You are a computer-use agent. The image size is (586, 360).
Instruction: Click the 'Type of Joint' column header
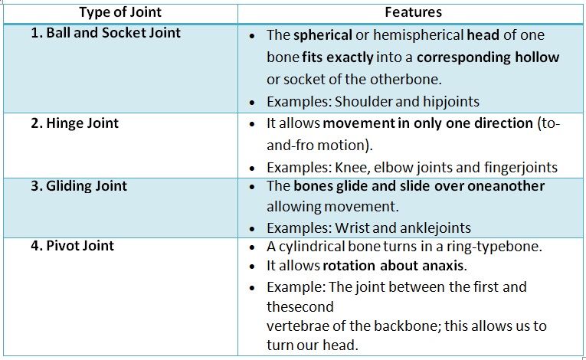120,13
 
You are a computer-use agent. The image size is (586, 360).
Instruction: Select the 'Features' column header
414,12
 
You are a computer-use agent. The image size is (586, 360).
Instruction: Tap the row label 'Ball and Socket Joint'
106,33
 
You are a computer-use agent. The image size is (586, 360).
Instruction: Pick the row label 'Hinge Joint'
75,123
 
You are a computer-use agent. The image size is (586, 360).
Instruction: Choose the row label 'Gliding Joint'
79,186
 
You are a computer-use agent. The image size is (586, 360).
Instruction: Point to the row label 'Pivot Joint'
73,246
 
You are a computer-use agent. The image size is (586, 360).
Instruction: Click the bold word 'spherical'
323,36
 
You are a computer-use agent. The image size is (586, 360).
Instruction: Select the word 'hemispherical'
418,36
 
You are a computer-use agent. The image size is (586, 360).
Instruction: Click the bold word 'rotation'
349,266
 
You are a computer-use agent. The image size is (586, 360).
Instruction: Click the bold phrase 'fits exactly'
338,58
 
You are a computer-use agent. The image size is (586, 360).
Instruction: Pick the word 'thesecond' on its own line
300,307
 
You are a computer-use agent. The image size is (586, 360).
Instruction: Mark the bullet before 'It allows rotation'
252,267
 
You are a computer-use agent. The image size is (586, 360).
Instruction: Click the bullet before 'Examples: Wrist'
252,229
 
